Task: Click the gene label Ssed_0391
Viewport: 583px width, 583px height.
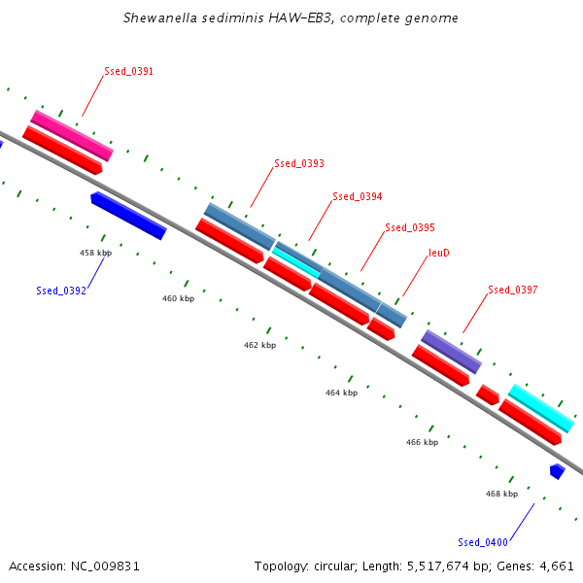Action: click(128, 71)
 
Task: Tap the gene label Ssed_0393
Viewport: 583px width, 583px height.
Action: click(299, 163)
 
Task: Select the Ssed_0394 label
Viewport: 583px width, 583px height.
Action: click(358, 196)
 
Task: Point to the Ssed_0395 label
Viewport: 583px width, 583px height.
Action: click(410, 227)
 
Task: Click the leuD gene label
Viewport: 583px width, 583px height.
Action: click(439, 253)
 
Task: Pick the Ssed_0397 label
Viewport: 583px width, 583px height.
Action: click(513, 290)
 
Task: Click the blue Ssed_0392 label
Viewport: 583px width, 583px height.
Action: click(61, 291)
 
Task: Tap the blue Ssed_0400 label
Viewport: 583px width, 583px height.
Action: click(483, 542)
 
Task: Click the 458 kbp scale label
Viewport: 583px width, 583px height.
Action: click(95, 253)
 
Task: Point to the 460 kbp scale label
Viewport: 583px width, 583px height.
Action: click(178, 298)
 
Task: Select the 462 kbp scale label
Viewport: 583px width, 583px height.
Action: click(259, 345)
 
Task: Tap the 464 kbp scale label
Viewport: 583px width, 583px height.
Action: click(342, 393)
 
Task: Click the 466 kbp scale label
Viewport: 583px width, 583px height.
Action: click(422, 442)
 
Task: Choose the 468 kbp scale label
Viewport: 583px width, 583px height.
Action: click(502, 494)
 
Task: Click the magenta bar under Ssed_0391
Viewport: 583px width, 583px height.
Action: click(72, 136)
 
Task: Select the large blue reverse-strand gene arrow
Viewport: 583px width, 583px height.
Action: click(128, 216)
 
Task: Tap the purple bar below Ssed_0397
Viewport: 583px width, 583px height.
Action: click(452, 352)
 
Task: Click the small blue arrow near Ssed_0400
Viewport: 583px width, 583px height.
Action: click(558, 471)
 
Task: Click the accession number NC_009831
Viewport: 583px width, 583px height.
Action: click(105, 566)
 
